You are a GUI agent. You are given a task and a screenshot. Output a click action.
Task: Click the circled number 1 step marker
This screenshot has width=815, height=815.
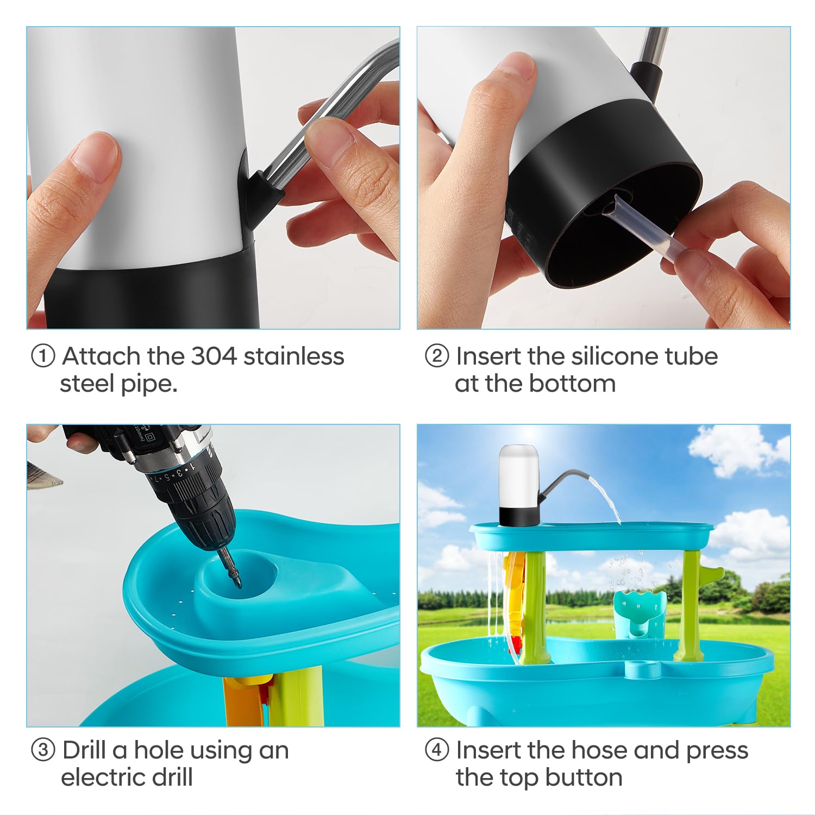(43, 357)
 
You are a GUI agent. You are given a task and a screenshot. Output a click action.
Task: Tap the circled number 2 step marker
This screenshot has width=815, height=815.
(437, 357)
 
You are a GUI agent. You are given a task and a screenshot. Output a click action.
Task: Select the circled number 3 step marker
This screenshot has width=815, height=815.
(43, 750)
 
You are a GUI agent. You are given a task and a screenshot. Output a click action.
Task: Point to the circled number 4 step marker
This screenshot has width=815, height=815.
(437, 750)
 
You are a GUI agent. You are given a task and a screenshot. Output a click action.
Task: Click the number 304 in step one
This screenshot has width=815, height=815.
(214, 356)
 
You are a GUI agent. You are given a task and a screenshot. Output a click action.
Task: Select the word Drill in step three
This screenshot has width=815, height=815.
(84, 750)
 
